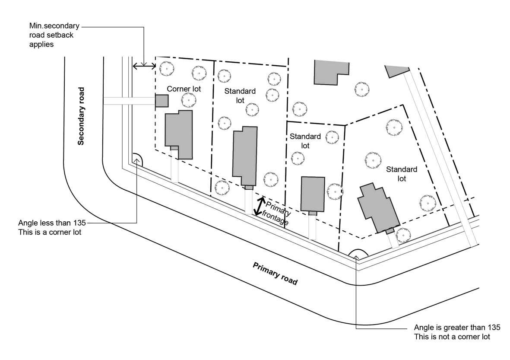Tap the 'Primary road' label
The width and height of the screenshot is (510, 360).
[x=275, y=274]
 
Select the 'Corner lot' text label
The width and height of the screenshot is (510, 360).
[x=184, y=89]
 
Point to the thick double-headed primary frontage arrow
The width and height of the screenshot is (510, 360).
[x=259, y=206]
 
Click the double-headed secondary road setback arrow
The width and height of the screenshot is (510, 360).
[x=144, y=66]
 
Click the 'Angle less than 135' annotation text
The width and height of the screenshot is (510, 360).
[x=52, y=227]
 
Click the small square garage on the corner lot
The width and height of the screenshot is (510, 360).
[x=162, y=101]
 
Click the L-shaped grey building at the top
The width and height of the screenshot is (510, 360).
[x=329, y=71]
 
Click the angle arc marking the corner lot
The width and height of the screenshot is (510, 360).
[x=137, y=159]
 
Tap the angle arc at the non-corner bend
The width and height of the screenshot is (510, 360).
[x=358, y=254]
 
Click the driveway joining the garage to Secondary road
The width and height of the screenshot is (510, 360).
[x=129, y=101]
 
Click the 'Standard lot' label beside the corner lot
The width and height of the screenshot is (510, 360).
[x=240, y=96]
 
